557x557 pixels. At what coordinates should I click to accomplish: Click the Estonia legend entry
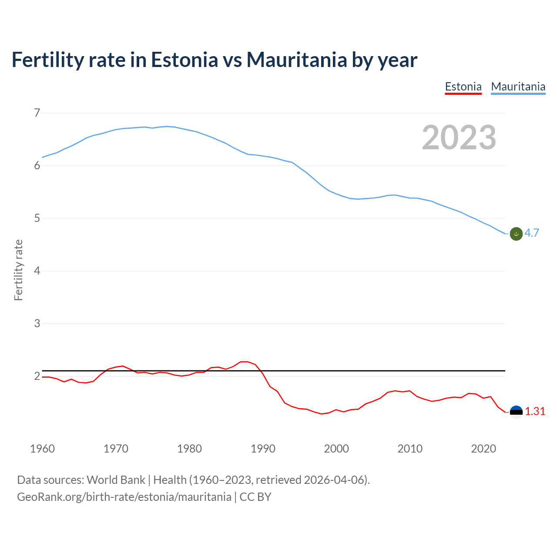click(x=463, y=87)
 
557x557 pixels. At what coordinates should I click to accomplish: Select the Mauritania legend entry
click(x=518, y=87)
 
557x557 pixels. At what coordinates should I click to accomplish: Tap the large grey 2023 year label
click(x=459, y=138)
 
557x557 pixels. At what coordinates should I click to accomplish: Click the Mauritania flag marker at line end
click(x=516, y=234)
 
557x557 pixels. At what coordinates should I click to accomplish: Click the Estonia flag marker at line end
click(x=516, y=412)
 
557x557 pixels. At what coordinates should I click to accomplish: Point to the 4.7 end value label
click(x=532, y=233)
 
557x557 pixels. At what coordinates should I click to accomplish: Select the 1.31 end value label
click(x=535, y=412)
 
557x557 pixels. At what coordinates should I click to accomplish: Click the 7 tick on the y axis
click(x=37, y=113)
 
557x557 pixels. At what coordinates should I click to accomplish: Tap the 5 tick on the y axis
click(x=37, y=218)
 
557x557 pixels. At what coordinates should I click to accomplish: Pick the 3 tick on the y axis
click(x=37, y=324)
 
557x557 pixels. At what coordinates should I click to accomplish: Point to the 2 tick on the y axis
click(x=37, y=376)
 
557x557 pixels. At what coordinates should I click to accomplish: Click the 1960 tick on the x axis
click(x=42, y=449)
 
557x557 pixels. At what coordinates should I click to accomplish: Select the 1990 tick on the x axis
click(x=263, y=449)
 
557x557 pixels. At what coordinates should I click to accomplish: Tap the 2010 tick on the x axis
click(x=410, y=449)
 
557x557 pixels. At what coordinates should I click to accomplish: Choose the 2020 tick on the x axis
click(x=483, y=449)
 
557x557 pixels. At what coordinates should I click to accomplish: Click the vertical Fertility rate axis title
click(x=18, y=270)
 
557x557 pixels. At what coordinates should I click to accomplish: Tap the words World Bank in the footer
click(x=116, y=480)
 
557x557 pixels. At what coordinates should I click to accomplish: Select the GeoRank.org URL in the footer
click(x=124, y=497)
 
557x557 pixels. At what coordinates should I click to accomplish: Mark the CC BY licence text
click(x=255, y=497)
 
